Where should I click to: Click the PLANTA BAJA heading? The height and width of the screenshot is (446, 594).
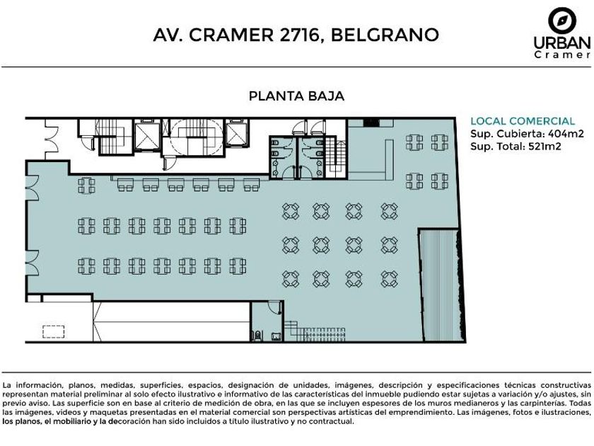pyautogui.click(x=296, y=96)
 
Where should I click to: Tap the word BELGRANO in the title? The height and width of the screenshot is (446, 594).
pyautogui.click(x=385, y=35)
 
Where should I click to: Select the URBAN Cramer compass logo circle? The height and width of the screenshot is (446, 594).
pyautogui.click(x=562, y=20)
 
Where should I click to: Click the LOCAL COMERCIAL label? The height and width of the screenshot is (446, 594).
pyautogui.click(x=523, y=121)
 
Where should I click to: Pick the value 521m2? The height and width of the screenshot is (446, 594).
pyautogui.click(x=544, y=146)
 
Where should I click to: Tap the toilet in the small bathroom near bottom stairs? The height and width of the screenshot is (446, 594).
pyautogui.click(x=258, y=336)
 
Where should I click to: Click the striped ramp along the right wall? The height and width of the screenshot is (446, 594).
pyautogui.click(x=441, y=285)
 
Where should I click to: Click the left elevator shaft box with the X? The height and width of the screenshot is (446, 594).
pyautogui.click(x=147, y=136)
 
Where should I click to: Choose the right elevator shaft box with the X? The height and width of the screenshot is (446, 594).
pyautogui.click(x=236, y=134)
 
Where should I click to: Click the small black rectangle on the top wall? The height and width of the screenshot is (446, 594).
pyautogui.click(x=371, y=122)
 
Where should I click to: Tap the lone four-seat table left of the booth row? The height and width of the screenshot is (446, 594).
pyautogui.click(x=87, y=185)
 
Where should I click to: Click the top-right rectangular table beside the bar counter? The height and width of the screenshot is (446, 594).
pyautogui.click(x=439, y=143)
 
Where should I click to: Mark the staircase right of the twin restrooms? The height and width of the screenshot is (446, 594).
pyautogui.click(x=337, y=156)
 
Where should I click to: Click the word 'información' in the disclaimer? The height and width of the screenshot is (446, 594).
pyautogui.click(x=33, y=385)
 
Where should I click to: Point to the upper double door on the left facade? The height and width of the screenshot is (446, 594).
pyautogui.click(x=33, y=188)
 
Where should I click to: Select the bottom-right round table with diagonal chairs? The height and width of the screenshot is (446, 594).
pyautogui.click(x=389, y=279)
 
